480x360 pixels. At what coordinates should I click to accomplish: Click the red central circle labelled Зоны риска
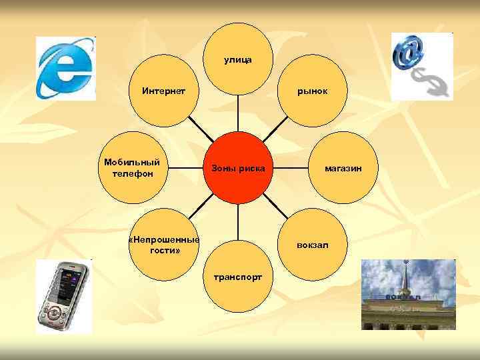tap(237, 167)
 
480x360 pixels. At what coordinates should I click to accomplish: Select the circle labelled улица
tap(237, 60)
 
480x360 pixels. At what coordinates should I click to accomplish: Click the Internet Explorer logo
tap(65, 68)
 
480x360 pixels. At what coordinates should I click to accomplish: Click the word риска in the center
tap(252, 168)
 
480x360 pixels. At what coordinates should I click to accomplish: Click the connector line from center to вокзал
tap(279, 211)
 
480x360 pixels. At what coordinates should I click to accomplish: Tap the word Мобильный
tap(132, 162)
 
